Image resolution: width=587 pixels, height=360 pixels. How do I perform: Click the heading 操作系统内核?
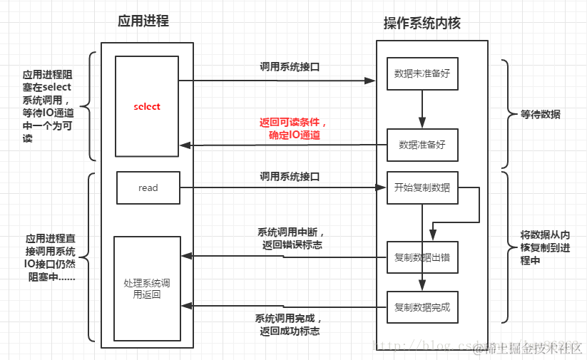coord(422,23)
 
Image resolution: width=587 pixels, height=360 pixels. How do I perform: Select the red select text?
coord(147,107)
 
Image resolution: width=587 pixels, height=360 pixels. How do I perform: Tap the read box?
coord(148,188)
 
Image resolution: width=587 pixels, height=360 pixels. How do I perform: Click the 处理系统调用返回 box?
coord(147,289)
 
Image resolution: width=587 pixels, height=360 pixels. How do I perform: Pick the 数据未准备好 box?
coord(422,73)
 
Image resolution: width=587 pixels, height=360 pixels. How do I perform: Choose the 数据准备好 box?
coord(422,145)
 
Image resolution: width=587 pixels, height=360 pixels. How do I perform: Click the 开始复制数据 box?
coord(422,188)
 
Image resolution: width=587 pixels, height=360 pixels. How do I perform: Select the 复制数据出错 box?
coord(422,257)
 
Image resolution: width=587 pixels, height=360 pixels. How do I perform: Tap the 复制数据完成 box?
coord(422,308)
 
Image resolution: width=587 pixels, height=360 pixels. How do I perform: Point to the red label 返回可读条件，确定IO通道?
coord(293,128)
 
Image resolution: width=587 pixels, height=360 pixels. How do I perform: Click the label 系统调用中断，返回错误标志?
coord(290,238)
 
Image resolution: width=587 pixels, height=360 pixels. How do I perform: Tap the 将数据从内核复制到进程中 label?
coord(544,247)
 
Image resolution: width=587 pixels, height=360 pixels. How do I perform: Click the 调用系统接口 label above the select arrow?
coord(289,67)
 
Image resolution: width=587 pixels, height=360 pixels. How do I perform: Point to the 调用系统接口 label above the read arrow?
coord(289,175)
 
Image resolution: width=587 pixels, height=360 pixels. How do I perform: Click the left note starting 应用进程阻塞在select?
coord(47,106)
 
